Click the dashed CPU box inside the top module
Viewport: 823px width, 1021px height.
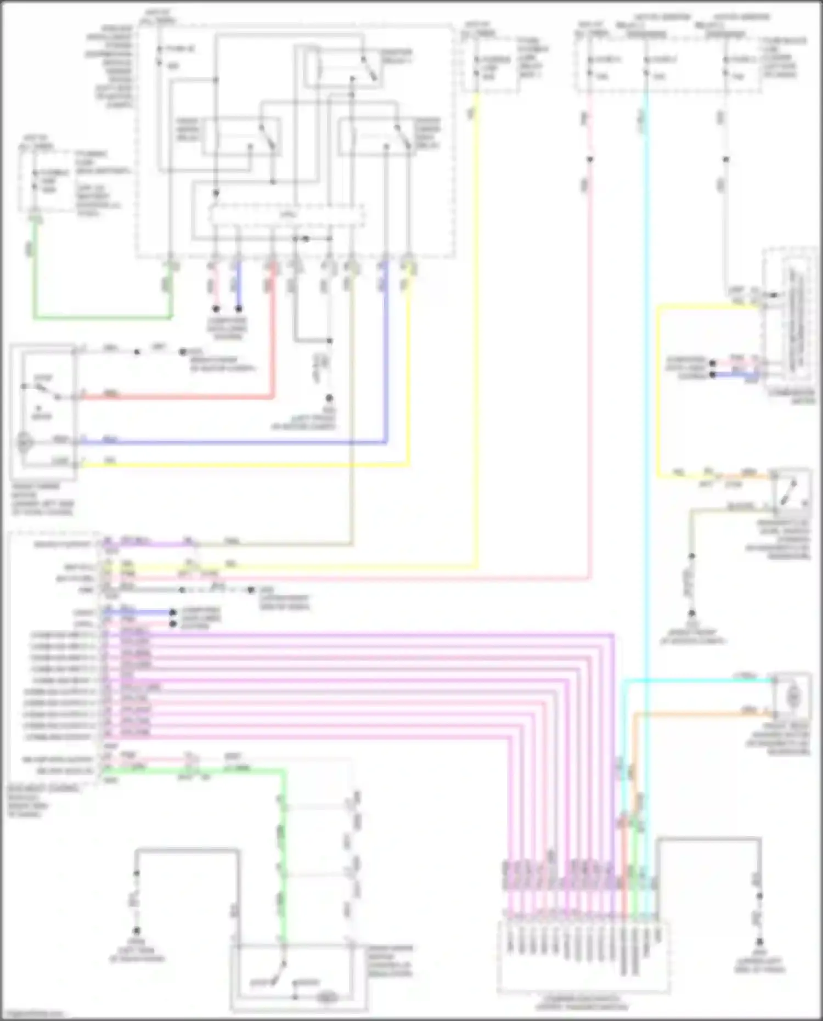point(287,215)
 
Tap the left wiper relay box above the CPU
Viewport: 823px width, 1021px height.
point(241,136)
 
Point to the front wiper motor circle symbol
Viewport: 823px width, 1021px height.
point(25,442)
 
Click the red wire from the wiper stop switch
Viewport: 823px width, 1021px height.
point(176,396)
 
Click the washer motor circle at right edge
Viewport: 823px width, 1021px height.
point(792,697)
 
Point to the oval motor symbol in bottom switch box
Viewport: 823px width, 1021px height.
point(328,997)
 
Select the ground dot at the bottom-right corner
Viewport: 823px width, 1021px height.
point(760,942)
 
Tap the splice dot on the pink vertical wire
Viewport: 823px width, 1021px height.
point(589,160)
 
